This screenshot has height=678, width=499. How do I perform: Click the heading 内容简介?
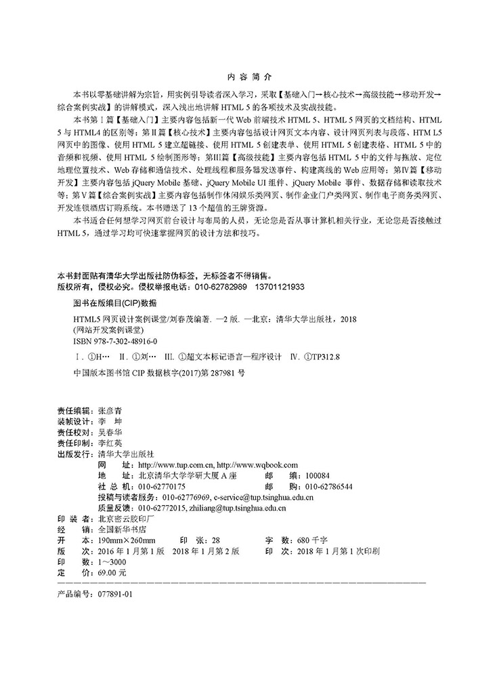[249, 77]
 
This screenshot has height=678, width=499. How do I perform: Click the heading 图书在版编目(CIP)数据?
[114, 302]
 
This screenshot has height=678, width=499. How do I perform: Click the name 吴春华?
[111, 432]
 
